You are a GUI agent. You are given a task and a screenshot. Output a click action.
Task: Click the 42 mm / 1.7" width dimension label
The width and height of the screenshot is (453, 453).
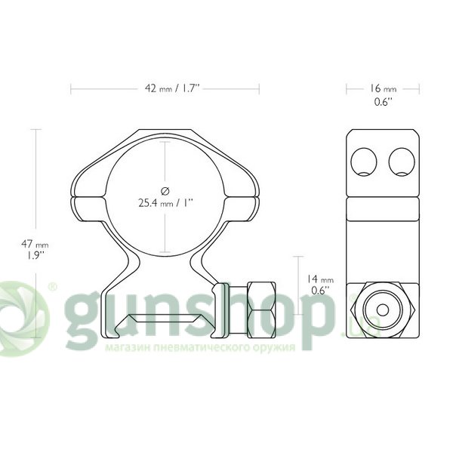(172, 88)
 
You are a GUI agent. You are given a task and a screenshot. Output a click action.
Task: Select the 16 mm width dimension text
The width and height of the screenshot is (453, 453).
(383, 88)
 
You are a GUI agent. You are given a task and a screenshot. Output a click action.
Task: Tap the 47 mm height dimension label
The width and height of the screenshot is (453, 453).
(35, 244)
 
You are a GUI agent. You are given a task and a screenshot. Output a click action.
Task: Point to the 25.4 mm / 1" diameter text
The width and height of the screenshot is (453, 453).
(165, 203)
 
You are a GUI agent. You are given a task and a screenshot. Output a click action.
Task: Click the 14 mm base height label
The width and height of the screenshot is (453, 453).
(320, 279)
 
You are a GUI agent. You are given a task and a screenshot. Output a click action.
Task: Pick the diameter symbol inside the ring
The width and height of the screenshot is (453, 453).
(165, 191)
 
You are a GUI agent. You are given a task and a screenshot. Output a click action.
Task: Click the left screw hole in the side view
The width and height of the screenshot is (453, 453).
(364, 162)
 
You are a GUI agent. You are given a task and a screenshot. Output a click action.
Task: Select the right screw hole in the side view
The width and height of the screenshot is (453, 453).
(402, 162)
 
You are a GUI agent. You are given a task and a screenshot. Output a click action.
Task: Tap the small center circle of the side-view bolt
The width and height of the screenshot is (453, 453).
(383, 310)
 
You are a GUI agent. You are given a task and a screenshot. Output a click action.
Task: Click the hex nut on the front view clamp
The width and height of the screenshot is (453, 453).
(261, 310)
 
